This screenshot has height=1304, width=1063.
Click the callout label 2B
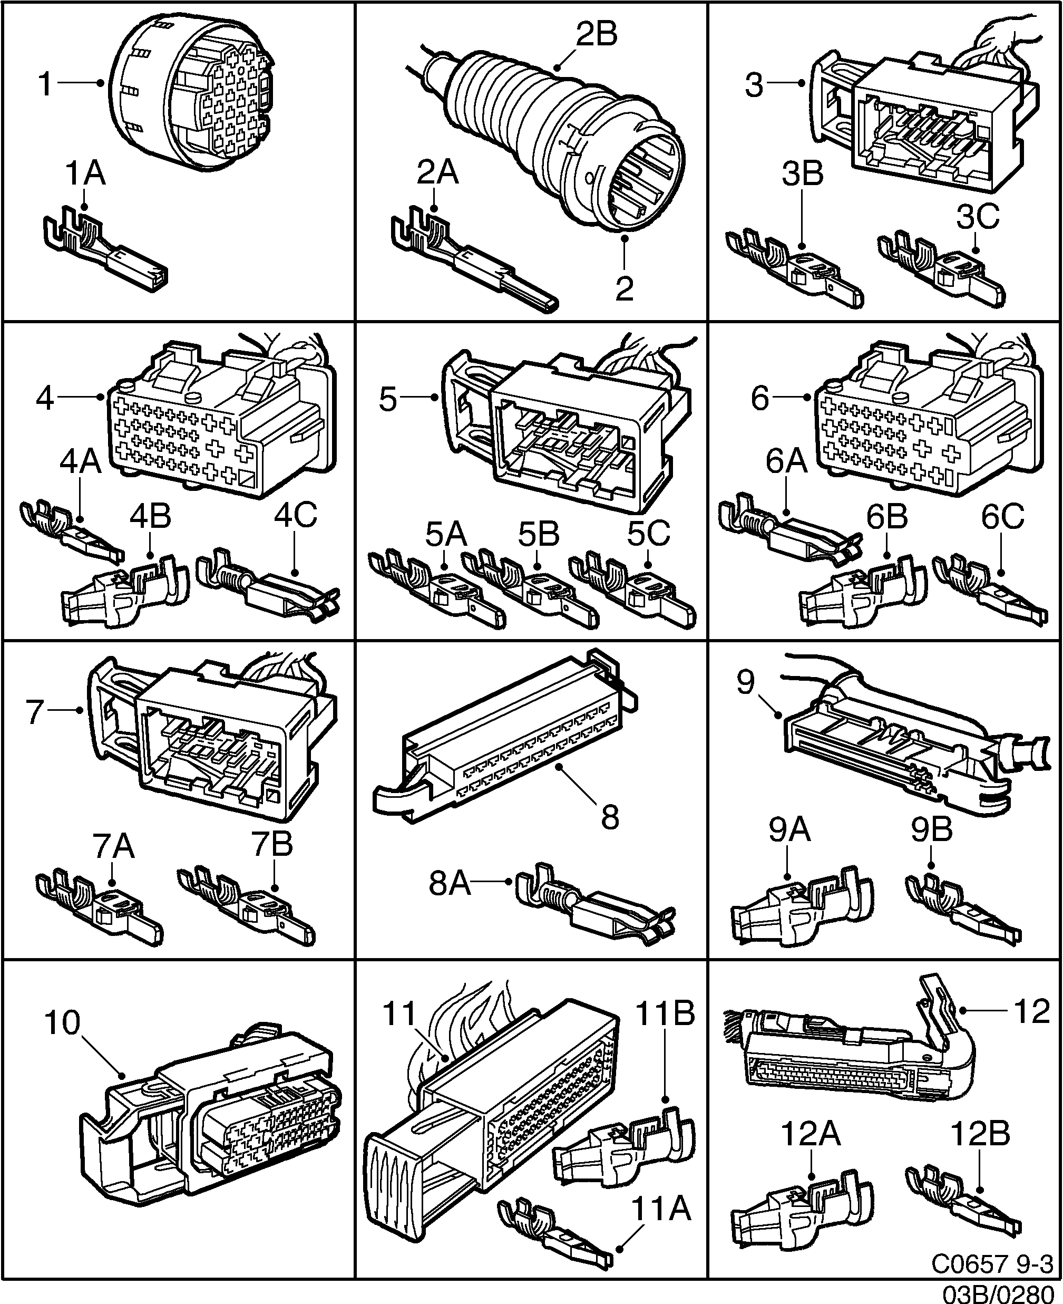click(597, 34)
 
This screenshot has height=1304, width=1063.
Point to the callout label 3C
click(978, 216)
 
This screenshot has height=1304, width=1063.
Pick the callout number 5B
click(539, 534)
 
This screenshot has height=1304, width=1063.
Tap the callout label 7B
click(272, 845)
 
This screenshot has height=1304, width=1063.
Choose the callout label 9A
click(790, 830)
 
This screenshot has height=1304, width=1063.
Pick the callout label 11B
click(665, 1013)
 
